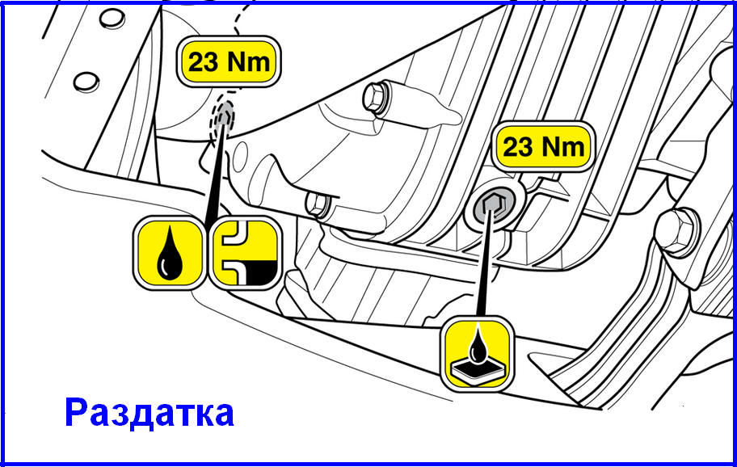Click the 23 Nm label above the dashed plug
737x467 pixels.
[x=229, y=61]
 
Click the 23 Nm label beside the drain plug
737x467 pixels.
[x=543, y=146]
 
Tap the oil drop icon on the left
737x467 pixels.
[x=170, y=253]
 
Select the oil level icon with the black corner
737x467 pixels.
[x=245, y=253]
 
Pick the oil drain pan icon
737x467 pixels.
[x=477, y=353]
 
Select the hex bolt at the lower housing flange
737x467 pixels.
[x=318, y=204]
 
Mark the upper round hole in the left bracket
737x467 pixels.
[x=112, y=19]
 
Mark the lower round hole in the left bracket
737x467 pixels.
[x=86, y=82]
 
